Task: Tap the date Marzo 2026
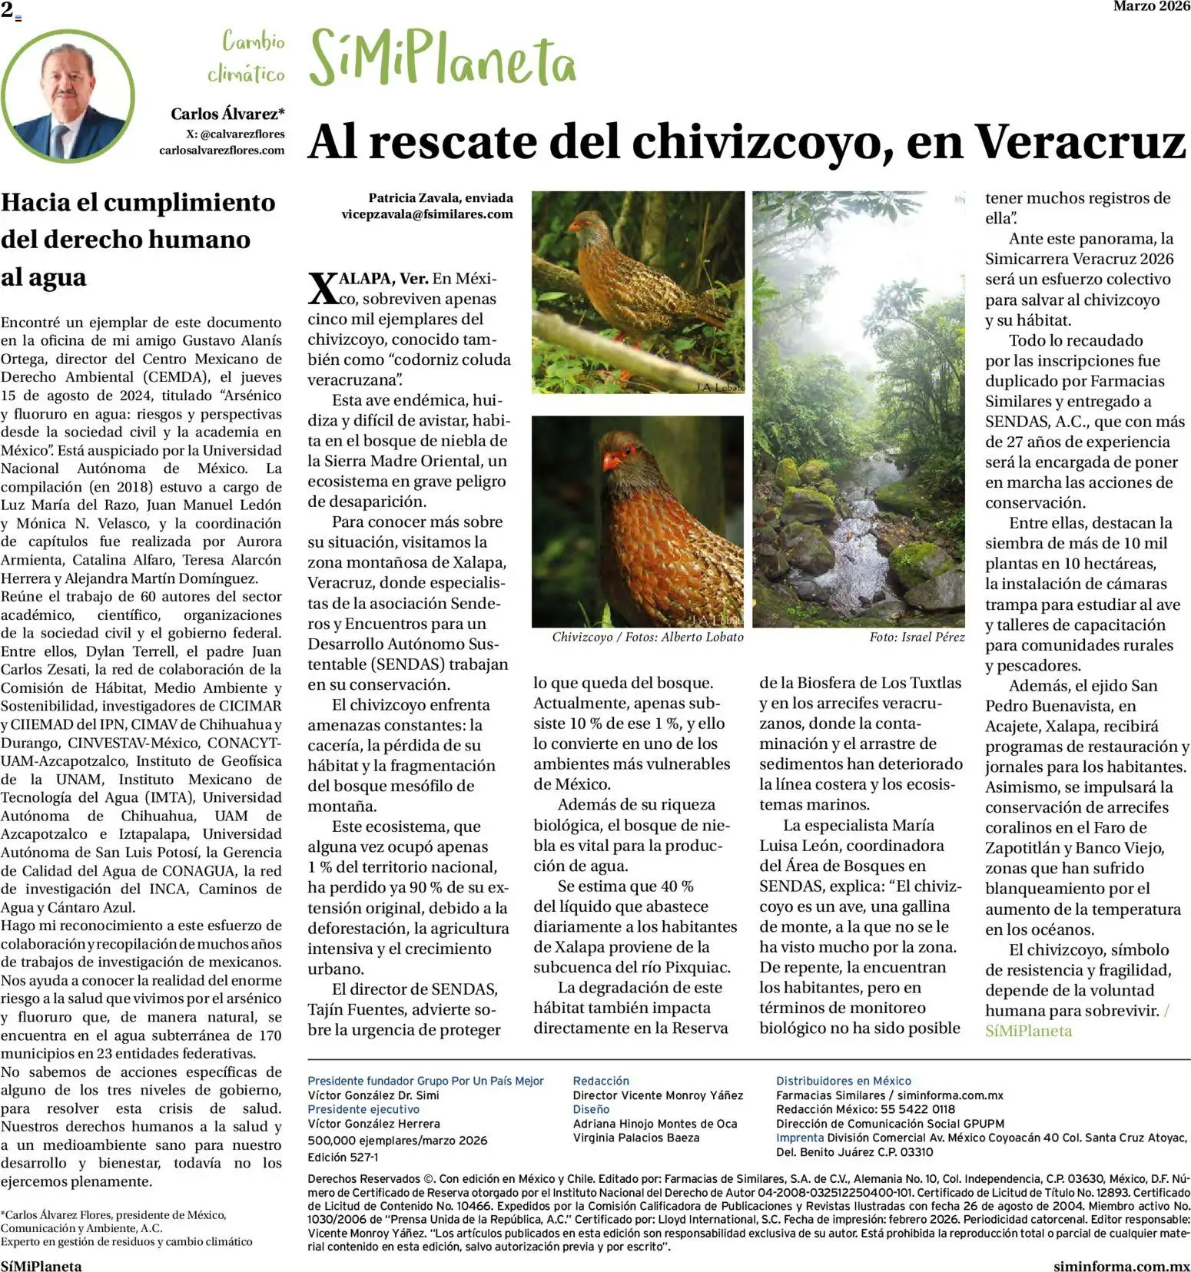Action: [x=1151, y=6]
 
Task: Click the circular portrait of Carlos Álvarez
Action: [x=68, y=96]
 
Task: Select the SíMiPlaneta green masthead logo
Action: [x=442, y=60]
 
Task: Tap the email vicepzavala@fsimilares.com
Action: [x=426, y=214]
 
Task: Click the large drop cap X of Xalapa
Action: [x=323, y=289]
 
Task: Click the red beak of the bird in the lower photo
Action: [x=612, y=461]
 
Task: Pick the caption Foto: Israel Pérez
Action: [x=917, y=637]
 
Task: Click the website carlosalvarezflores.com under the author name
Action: [x=221, y=151]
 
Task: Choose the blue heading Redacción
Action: [x=601, y=1081]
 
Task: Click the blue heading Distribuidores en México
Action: [x=843, y=1081]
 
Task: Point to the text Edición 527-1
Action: [x=343, y=1157]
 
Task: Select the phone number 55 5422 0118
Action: [x=921, y=1109]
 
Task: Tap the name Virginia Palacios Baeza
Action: [x=636, y=1138]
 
